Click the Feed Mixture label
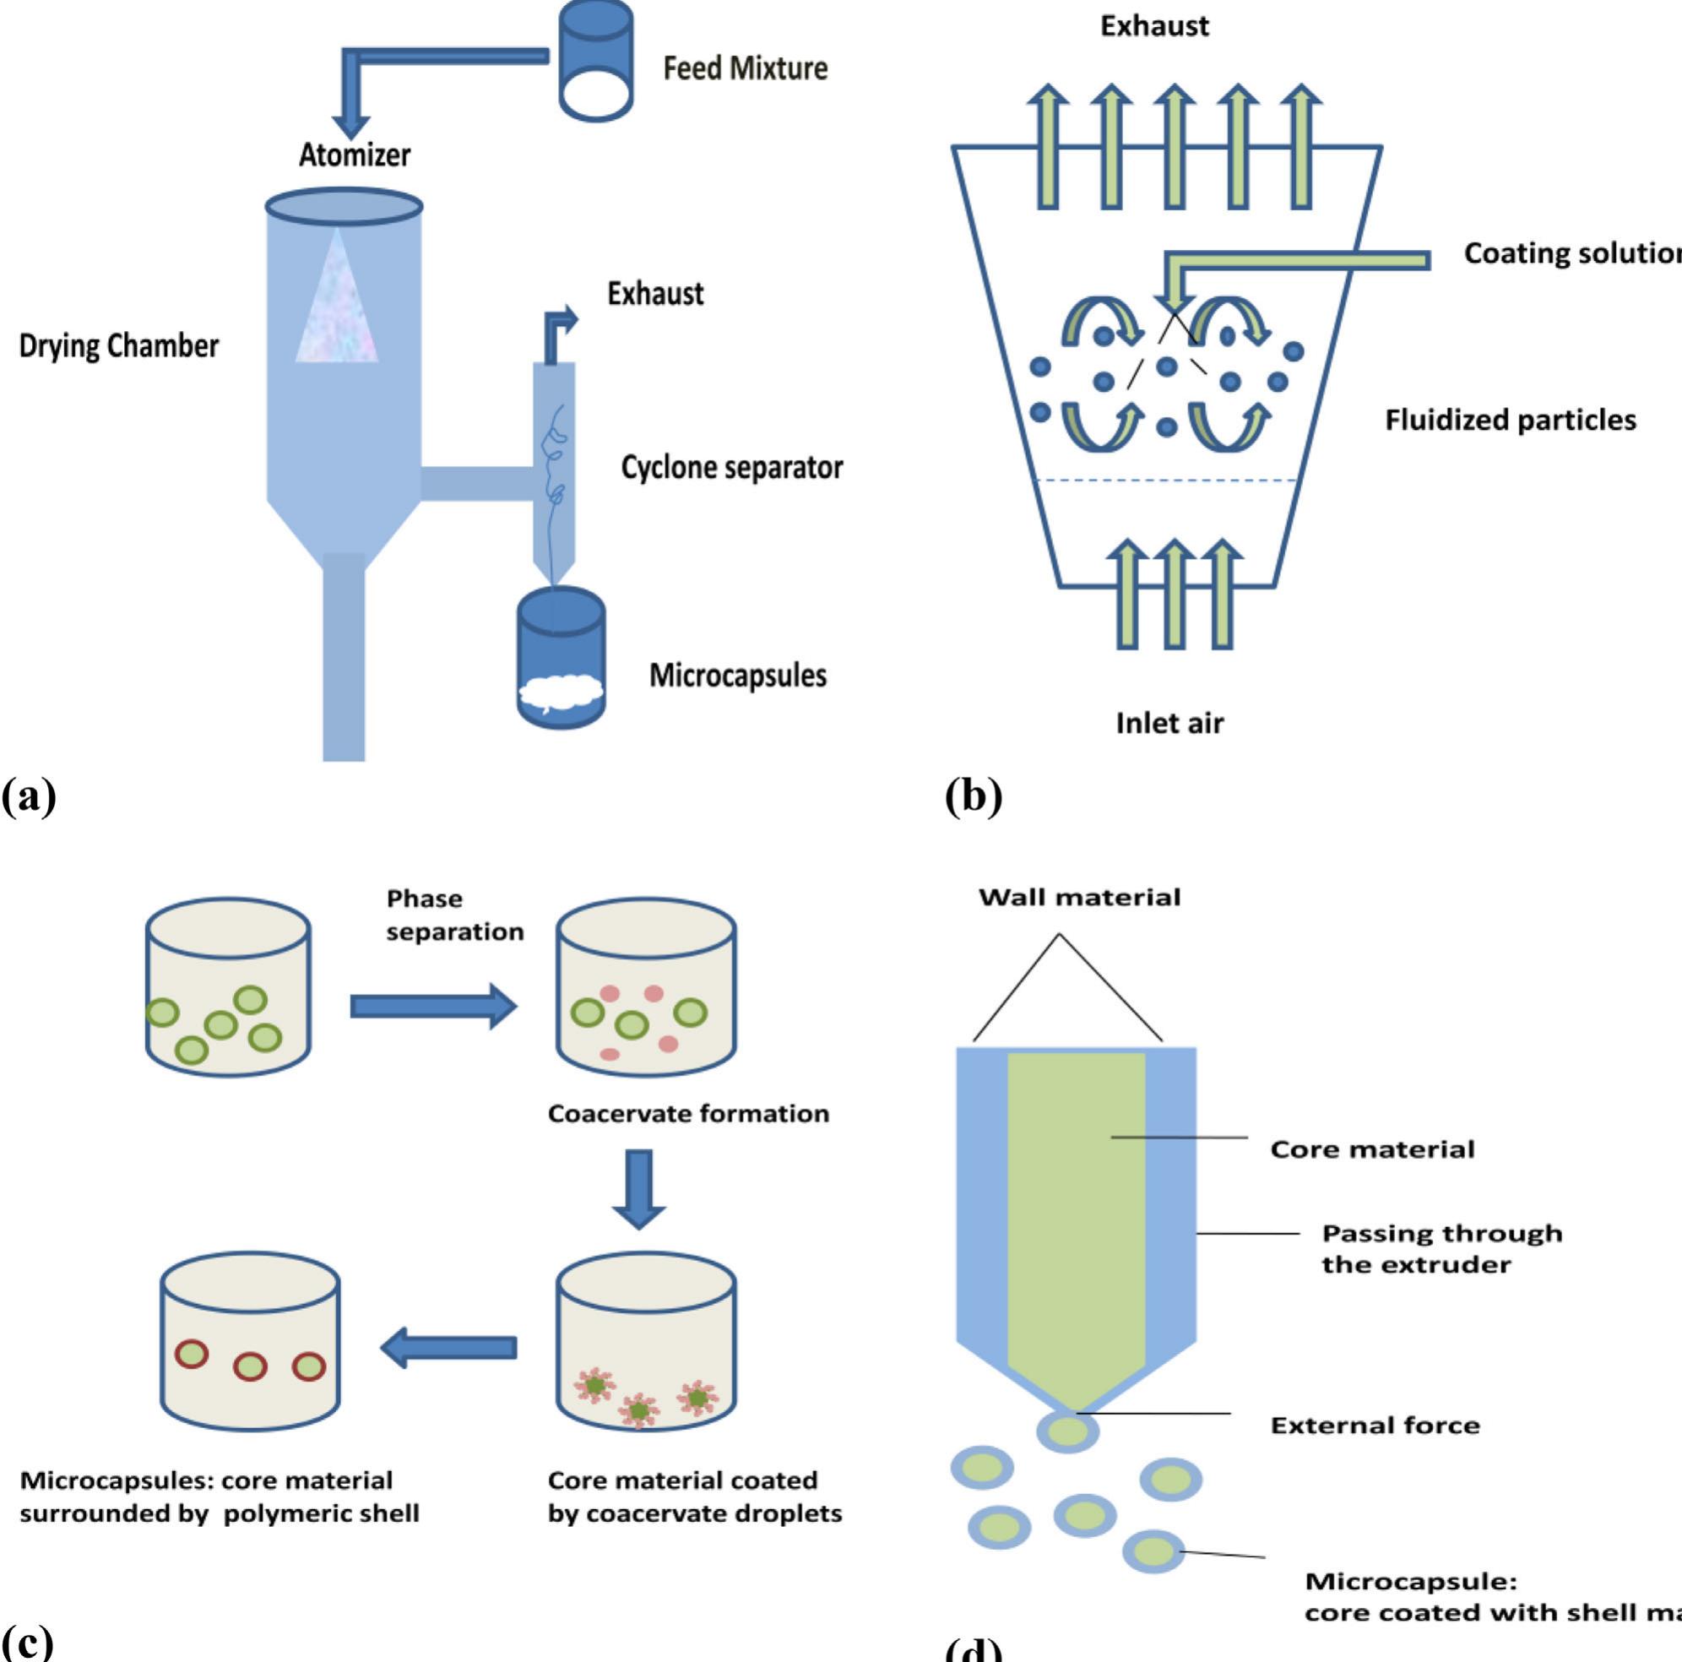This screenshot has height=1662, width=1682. coord(745,68)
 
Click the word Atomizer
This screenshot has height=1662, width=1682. coord(355,155)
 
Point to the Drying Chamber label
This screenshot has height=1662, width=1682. coord(119,345)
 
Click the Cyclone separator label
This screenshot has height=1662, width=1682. coord(731,468)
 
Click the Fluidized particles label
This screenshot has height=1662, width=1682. coord(1510,421)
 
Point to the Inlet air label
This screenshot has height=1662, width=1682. coord(1169,723)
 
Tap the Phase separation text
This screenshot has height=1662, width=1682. coord(454,915)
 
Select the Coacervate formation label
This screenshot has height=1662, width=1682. coord(688,1114)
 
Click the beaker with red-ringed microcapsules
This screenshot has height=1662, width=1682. coord(250,1342)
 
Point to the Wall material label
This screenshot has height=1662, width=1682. coord(1080,898)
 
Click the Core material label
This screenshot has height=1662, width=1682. coord(1372,1149)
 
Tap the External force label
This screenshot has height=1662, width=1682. coord(1375,1426)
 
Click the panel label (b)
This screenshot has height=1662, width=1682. coord(974,796)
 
